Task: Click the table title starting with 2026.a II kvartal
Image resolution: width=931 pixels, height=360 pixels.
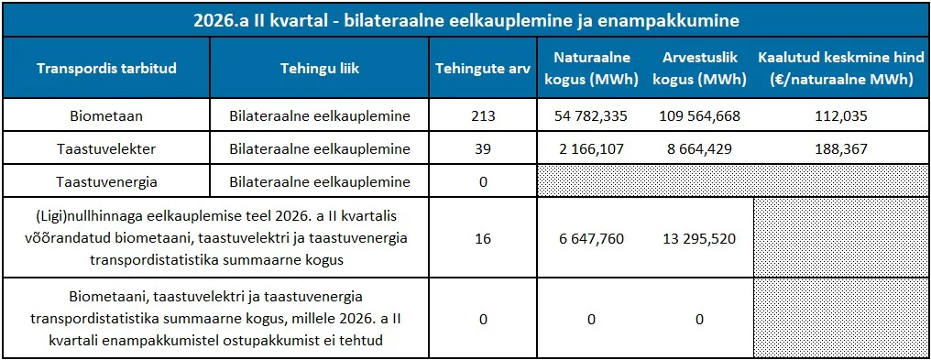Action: click(466, 21)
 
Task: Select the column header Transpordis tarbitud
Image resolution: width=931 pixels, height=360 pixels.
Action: click(106, 68)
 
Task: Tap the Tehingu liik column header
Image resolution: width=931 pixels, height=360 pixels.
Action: click(320, 68)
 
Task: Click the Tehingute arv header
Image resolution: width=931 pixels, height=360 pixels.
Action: click(482, 68)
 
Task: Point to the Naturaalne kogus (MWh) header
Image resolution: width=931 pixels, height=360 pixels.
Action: click(591, 69)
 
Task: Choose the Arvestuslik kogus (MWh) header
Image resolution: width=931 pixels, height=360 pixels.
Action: click(699, 69)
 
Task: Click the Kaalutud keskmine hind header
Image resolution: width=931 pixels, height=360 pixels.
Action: click(841, 69)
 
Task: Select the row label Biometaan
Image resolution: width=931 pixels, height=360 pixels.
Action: click(106, 116)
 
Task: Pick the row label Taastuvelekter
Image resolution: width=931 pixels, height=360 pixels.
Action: click(106, 149)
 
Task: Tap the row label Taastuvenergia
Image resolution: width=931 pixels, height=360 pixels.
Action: click(106, 182)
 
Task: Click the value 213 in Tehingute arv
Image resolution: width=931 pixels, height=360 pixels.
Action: click(482, 116)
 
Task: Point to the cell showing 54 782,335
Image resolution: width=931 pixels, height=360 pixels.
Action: click(591, 116)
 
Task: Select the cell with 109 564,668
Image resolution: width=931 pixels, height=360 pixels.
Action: click(699, 116)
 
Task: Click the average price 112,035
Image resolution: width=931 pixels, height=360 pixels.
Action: click(841, 116)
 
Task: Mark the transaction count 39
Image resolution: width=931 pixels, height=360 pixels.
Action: click(482, 149)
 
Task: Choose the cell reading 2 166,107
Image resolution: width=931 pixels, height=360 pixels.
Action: click(591, 149)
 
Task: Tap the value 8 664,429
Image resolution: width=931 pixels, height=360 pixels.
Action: click(699, 149)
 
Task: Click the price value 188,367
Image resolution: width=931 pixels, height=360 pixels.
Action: click(841, 149)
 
